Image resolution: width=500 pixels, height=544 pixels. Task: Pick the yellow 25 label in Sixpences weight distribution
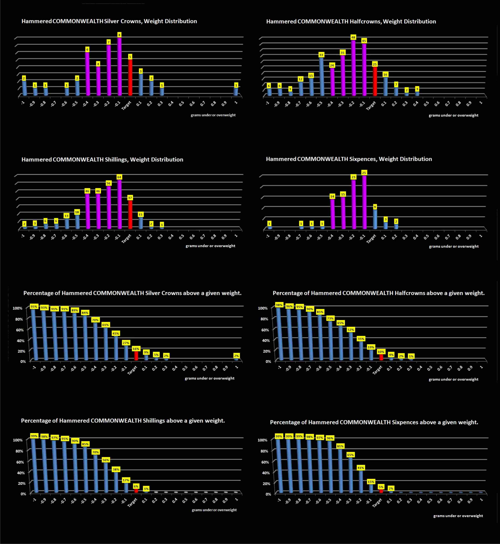coord(364,173)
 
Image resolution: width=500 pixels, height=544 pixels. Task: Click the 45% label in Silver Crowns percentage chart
coord(116,333)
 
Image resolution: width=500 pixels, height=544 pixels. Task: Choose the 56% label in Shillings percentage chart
coord(105,460)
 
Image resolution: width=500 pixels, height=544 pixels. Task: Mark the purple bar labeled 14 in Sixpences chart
coord(332,214)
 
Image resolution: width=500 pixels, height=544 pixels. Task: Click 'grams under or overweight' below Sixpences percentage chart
coord(458,516)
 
